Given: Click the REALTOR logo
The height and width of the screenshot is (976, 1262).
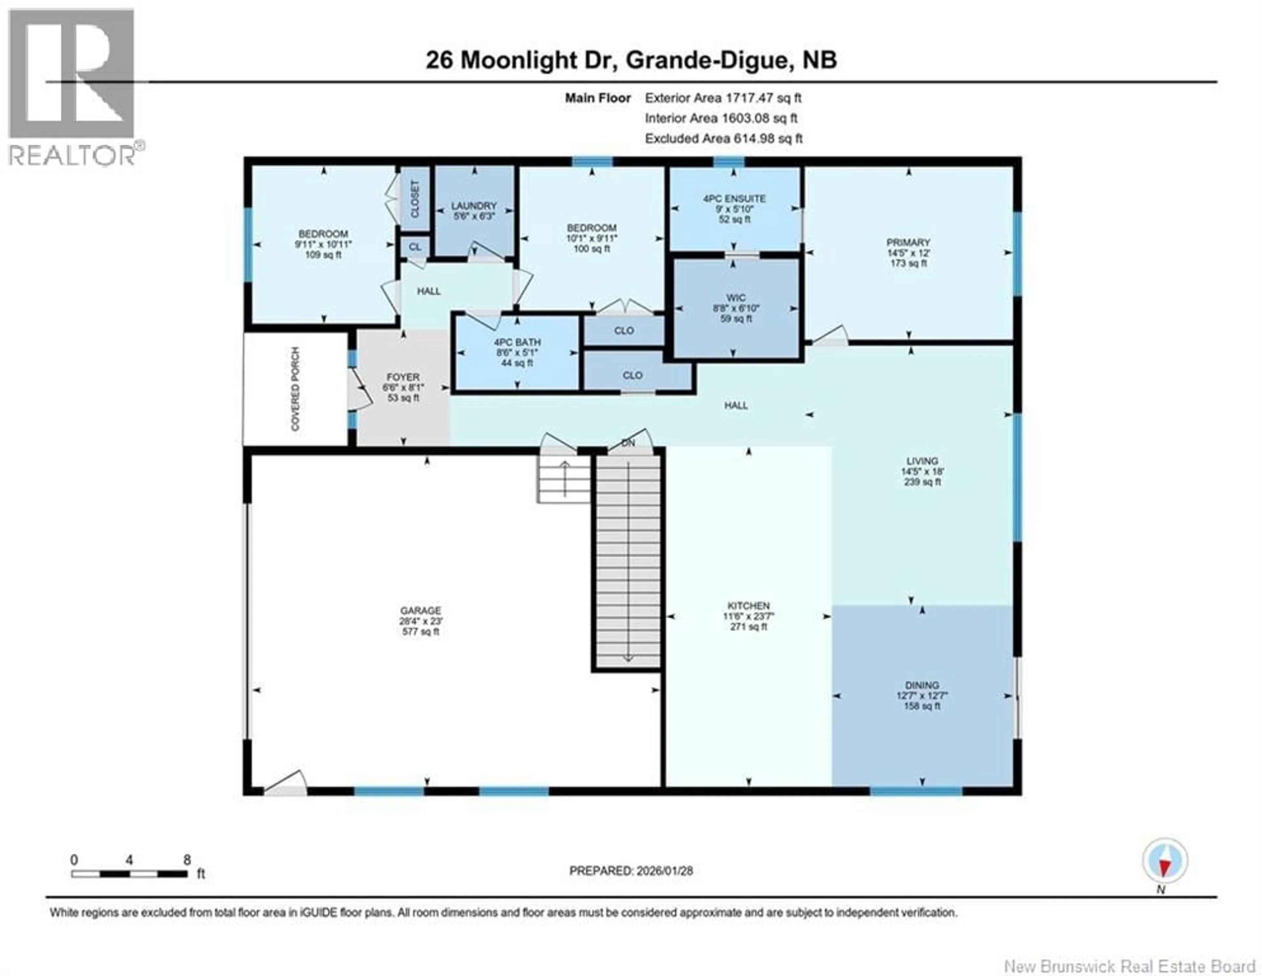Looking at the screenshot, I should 72,87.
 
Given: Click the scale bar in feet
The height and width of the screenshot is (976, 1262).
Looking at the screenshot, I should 129,874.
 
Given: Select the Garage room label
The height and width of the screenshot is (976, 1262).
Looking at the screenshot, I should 421,611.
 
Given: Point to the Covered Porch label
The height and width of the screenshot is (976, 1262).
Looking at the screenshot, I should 295,388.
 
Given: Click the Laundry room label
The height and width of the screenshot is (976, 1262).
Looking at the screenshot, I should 474,206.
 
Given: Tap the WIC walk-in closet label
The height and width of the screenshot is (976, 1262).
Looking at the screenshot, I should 736,298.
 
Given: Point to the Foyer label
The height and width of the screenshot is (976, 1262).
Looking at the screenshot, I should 403,377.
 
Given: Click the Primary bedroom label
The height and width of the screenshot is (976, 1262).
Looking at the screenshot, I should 908,242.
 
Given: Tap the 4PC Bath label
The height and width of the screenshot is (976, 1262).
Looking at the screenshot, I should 517,342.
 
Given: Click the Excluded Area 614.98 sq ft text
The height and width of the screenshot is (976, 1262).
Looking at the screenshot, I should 723,139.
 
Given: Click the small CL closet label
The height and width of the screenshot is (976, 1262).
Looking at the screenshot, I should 415,247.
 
